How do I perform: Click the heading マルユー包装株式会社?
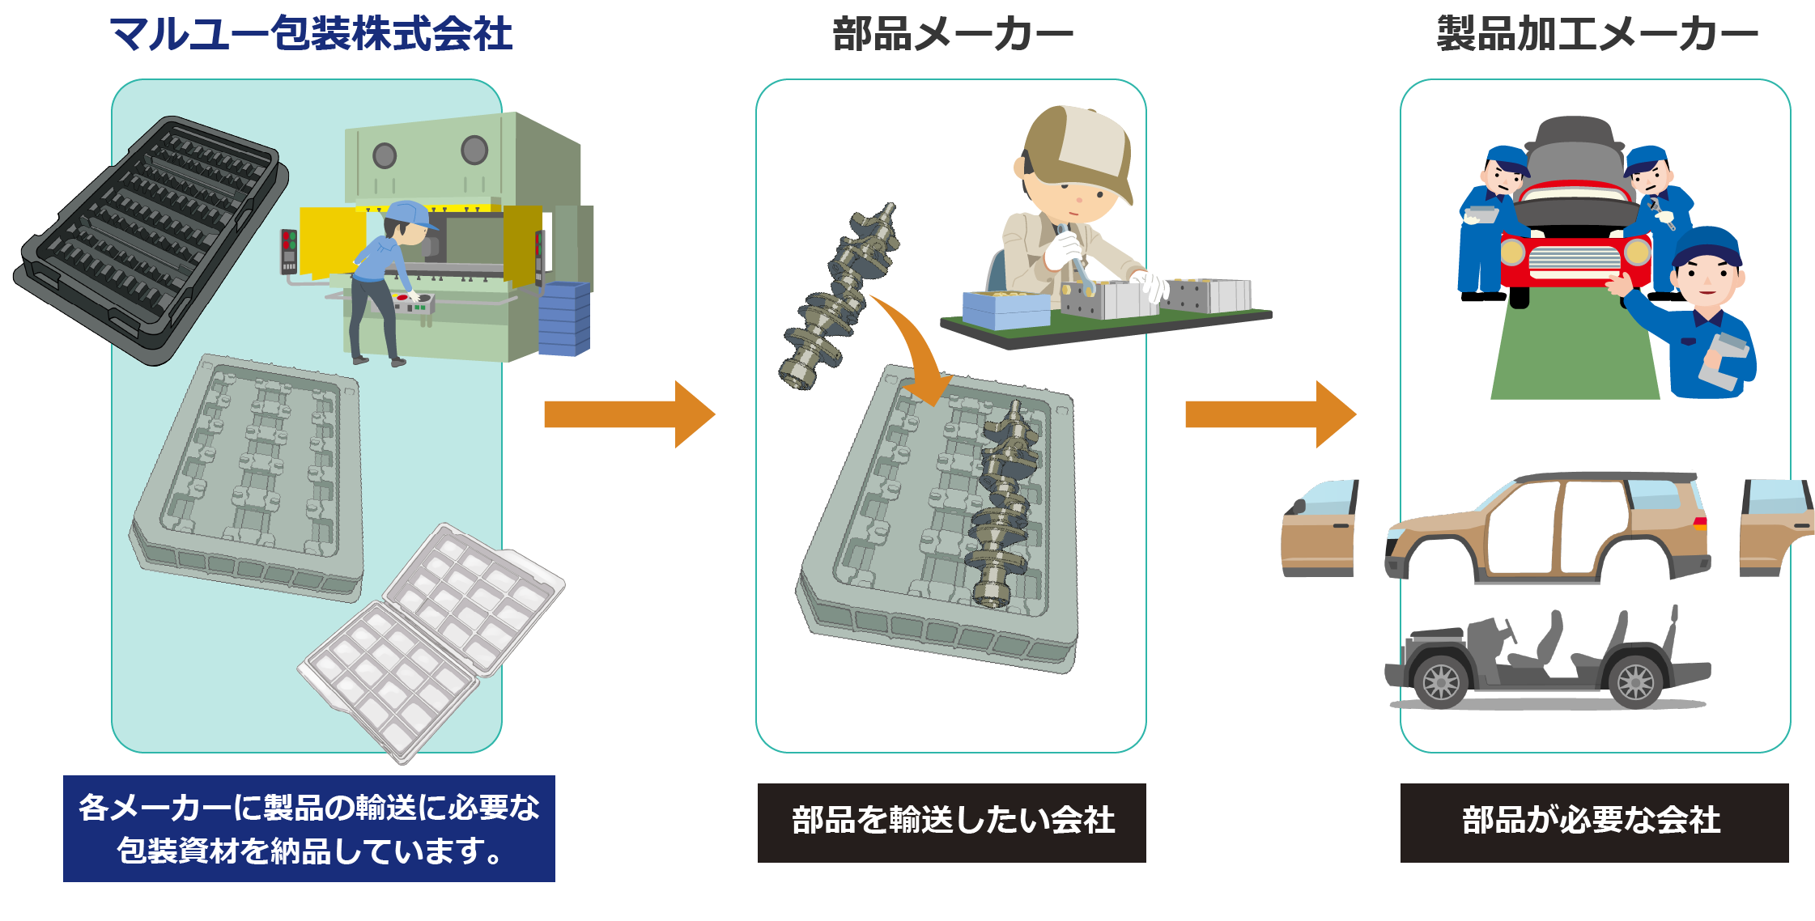pos(311,34)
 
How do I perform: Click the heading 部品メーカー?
pos(952,34)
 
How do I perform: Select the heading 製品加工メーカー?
pos(1596,34)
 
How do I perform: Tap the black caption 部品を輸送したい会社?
pos(952,821)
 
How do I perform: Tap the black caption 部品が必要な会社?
pos(1593,821)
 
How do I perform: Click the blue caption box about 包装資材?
pos(309,828)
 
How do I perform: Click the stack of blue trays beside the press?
pos(564,320)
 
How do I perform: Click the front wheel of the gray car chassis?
pos(1441,682)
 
